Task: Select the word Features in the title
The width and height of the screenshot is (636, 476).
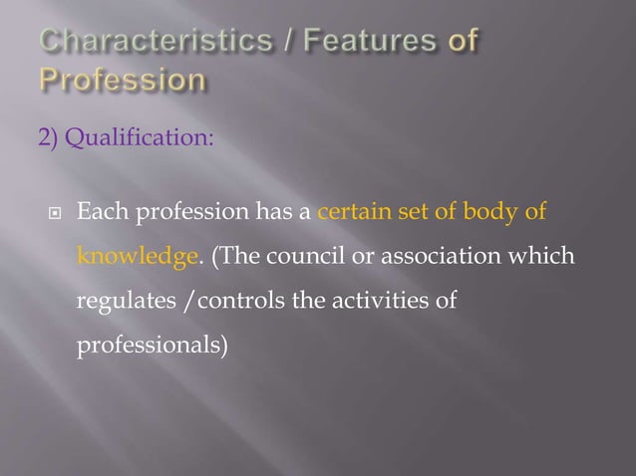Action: (355, 42)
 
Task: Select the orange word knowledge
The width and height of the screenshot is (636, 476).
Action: (136, 257)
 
